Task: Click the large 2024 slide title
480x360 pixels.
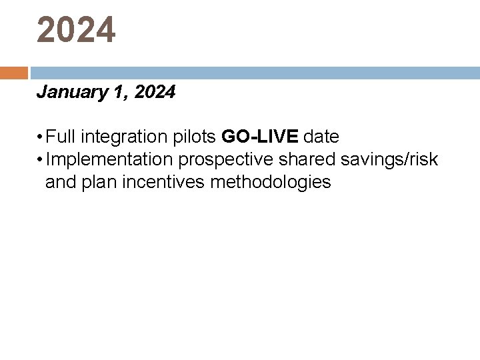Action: point(76,31)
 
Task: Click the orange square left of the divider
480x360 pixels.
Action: point(13,73)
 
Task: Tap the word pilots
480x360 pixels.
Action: point(193,137)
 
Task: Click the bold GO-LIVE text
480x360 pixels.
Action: point(260,137)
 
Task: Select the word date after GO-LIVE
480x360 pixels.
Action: point(321,137)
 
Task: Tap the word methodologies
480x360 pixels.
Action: point(270,182)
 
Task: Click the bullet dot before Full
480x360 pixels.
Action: point(41,138)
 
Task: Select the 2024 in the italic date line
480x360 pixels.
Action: point(155,92)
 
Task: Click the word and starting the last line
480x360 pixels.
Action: point(61,182)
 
